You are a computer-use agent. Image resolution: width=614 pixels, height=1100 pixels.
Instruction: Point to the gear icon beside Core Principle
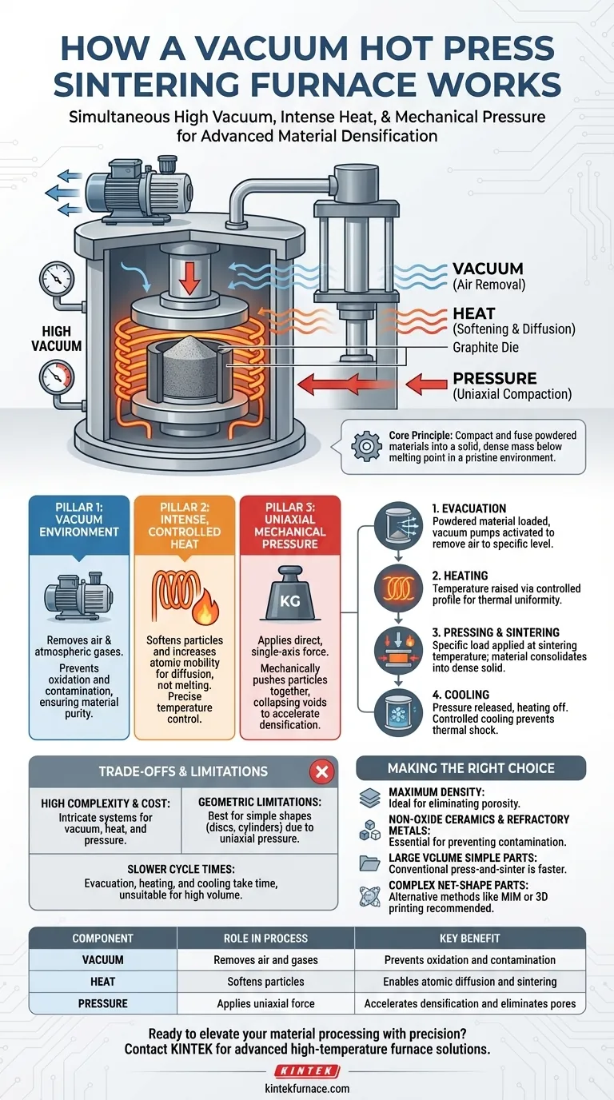coord(366,444)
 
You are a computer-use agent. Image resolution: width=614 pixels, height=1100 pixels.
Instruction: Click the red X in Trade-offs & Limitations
coord(321,771)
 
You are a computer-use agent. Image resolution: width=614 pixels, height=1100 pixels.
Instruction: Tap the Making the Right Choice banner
coord(470,768)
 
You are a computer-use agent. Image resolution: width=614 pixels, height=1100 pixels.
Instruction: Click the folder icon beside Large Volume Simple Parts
coord(369,863)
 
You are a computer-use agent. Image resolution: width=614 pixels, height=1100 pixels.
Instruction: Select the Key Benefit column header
coord(470,939)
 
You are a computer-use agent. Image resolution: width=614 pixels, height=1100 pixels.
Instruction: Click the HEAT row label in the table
coord(102,982)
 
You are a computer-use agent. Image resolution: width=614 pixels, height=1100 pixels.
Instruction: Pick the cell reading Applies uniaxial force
coord(265,1003)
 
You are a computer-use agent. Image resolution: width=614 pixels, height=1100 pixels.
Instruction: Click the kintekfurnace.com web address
coord(307,1088)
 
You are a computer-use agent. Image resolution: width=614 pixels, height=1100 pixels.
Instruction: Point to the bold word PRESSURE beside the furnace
coord(495,378)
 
